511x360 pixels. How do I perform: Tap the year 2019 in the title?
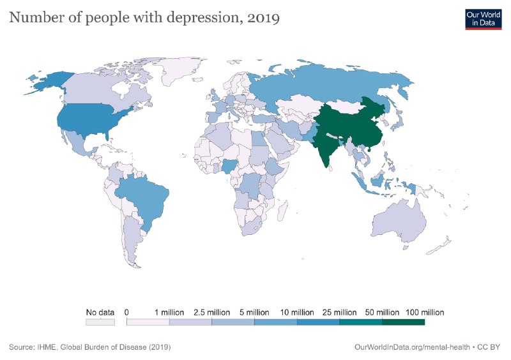[x=263, y=19]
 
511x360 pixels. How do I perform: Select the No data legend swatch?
[x=100, y=322]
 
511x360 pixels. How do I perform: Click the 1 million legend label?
[x=169, y=313]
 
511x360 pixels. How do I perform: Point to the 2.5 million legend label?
[x=211, y=313]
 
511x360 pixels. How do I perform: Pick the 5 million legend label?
[x=254, y=313]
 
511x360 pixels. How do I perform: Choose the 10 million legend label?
[x=297, y=313]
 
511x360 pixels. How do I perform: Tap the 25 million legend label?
[x=339, y=313]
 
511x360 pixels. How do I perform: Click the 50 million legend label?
[x=382, y=313]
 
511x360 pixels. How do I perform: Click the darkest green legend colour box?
[x=403, y=322]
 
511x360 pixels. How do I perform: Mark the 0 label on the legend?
[x=127, y=313]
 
